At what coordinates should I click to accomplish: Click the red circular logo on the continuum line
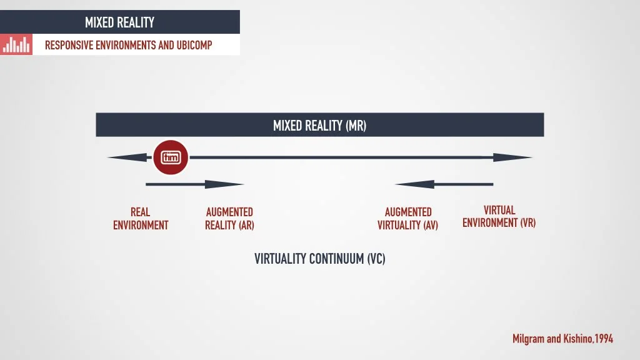171,157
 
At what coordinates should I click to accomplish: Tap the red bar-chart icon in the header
16,44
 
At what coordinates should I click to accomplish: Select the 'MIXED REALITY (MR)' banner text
319,125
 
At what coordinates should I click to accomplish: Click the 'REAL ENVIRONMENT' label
141,219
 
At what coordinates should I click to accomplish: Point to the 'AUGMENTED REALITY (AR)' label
229,219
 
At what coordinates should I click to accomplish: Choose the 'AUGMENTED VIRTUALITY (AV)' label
407,219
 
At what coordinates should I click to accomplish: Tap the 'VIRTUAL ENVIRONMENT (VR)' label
499,216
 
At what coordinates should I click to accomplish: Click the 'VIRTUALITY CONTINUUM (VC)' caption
319,258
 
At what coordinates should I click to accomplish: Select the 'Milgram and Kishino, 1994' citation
562,339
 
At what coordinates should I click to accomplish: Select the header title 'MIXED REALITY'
119,22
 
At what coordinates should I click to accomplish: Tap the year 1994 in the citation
604,339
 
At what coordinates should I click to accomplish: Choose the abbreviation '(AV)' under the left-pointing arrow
430,225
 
